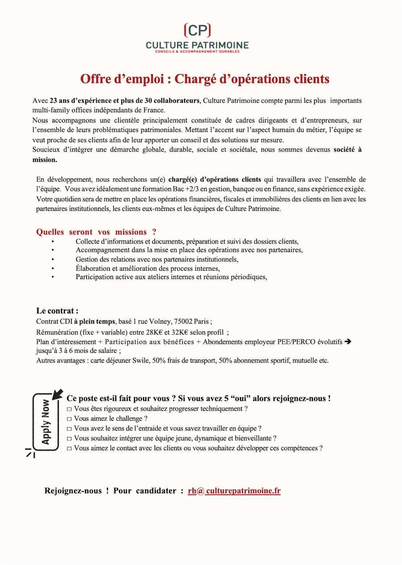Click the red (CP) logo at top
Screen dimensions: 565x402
pyautogui.click(x=197, y=30)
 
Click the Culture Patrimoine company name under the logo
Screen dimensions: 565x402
pyautogui.click(x=197, y=45)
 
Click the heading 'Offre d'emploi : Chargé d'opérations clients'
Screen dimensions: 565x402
pyautogui.click(x=205, y=79)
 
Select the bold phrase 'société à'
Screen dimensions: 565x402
pyautogui.click(x=348, y=150)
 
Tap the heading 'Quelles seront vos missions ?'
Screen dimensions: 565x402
pyautogui.click(x=96, y=232)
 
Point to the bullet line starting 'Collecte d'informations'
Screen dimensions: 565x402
pyautogui.click(x=187, y=241)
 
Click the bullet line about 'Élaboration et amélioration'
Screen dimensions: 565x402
pyautogui.click(x=147, y=268)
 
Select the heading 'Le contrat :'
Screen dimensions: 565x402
pyautogui.click(x=57, y=311)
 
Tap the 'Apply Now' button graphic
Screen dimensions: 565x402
pyautogui.click(x=46, y=421)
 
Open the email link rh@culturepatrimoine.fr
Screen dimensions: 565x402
pyautogui.click(x=234, y=491)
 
